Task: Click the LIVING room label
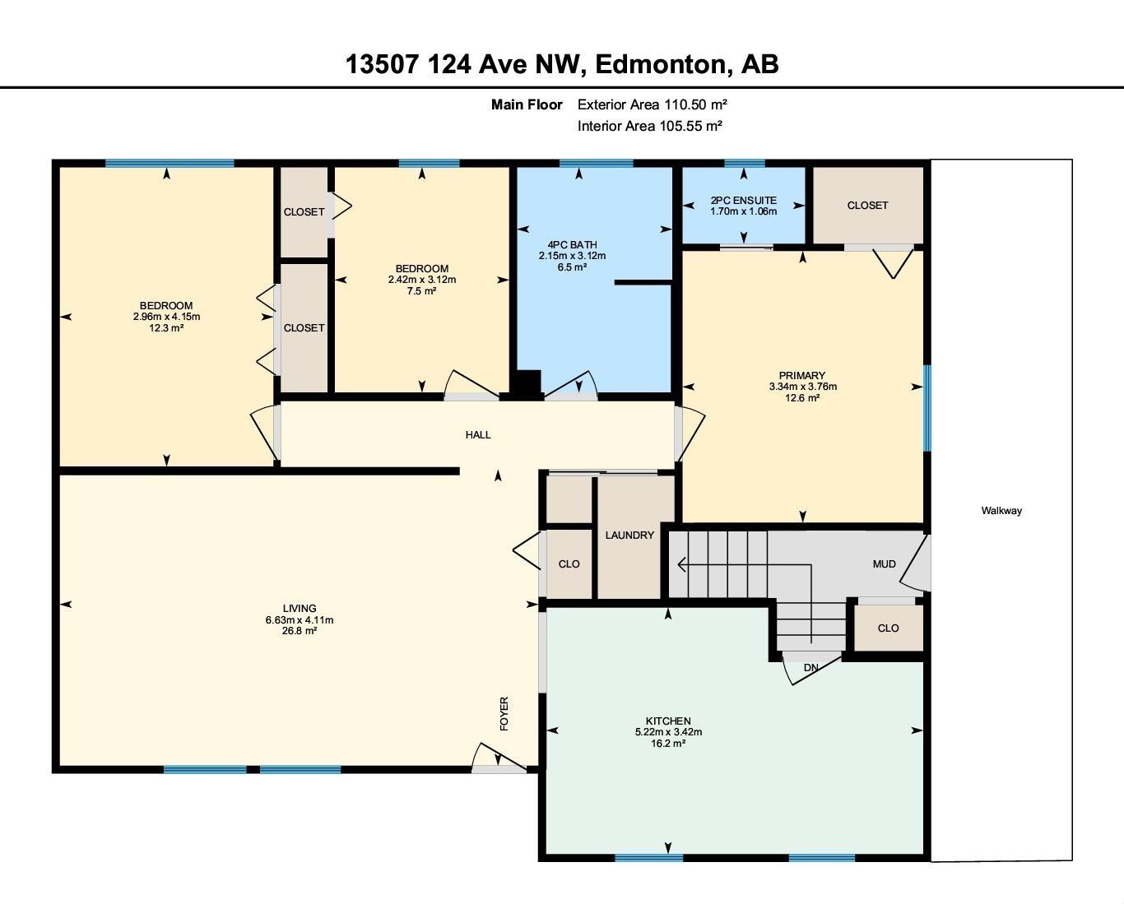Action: (x=299, y=609)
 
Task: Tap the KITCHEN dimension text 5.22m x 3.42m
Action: (x=667, y=732)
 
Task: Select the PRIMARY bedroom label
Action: (x=802, y=376)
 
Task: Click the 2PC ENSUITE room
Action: (x=743, y=205)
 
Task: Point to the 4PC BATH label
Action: (x=572, y=244)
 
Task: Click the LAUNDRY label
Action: (x=629, y=535)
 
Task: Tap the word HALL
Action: (x=478, y=434)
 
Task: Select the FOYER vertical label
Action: (x=504, y=713)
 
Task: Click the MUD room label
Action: (x=884, y=564)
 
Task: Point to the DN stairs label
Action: (x=810, y=668)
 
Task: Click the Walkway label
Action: (x=1001, y=511)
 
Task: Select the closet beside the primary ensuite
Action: (x=867, y=206)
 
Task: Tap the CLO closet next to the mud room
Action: (x=888, y=628)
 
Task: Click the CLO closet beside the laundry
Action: (x=569, y=564)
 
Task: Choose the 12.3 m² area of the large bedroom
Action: (x=166, y=328)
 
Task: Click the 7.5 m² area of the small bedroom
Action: (x=421, y=291)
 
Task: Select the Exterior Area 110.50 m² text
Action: (x=652, y=104)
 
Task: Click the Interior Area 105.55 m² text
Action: (x=649, y=126)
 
